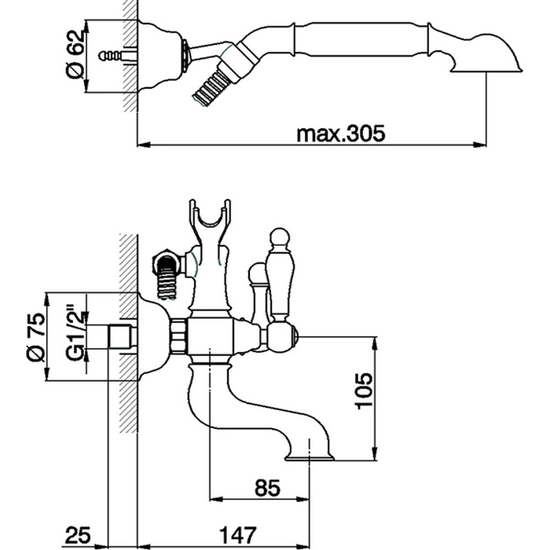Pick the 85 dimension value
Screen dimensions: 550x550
268,488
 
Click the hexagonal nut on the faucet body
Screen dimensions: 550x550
179,337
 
